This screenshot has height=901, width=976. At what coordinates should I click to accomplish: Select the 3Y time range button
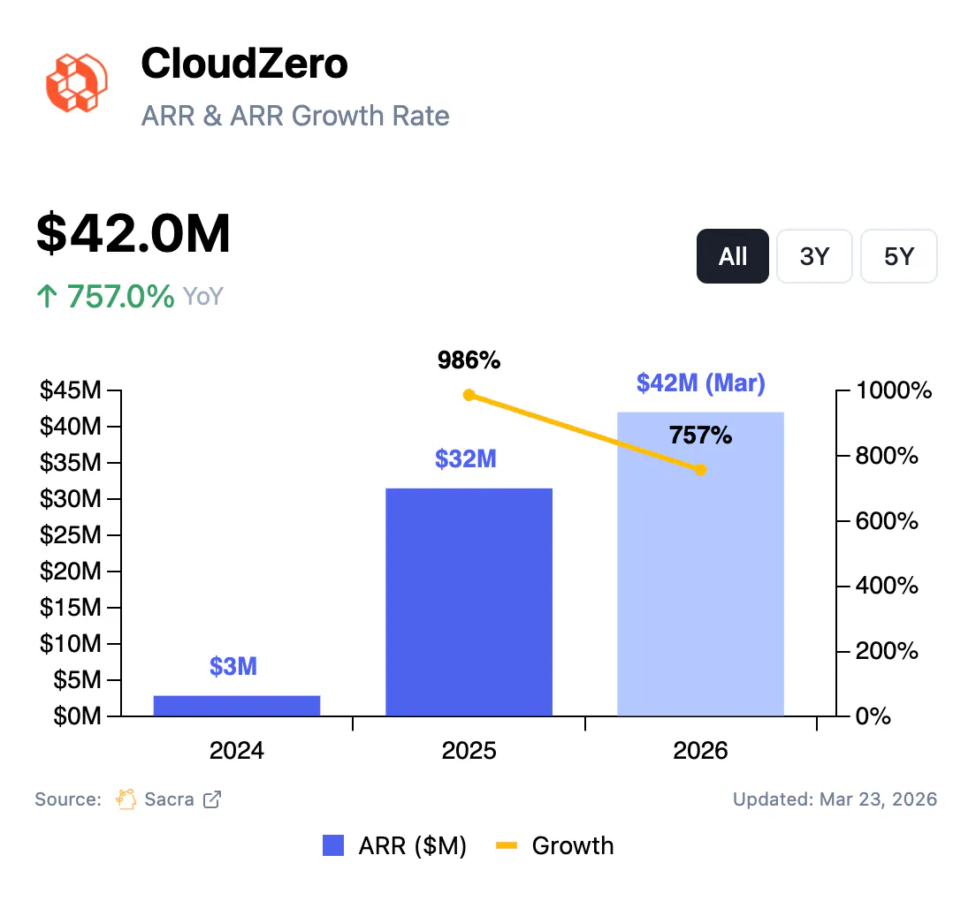pos(814,256)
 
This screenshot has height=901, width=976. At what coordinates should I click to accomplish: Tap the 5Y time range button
pos(898,256)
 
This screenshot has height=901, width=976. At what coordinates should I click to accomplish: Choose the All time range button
pos(732,256)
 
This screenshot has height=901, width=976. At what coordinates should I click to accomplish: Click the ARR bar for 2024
pos(237,705)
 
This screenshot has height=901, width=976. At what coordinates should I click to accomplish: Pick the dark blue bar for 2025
pos(469,601)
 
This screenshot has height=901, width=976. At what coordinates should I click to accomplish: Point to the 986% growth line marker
pos(469,395)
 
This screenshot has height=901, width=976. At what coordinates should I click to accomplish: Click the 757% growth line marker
pos(700,470)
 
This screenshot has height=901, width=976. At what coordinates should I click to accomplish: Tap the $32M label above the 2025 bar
pos(465,459)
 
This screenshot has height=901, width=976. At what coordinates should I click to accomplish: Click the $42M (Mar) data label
pos(700,383)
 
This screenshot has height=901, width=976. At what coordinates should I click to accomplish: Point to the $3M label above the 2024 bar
pos(233,666)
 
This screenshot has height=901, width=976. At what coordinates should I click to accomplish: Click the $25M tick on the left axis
pos(70,535)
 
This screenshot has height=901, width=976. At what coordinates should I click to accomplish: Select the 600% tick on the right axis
pos(888,521)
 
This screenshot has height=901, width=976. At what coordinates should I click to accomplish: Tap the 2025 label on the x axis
pos(469,751)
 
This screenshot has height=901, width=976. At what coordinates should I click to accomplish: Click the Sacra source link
pos(169,799)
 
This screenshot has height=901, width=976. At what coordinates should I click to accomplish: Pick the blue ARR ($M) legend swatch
pos(333,846)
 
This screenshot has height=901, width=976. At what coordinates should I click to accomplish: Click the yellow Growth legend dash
pos(506,846)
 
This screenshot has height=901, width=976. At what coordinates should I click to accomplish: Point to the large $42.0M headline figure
pos(133,234)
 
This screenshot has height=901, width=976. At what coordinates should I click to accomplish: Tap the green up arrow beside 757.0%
pos(46,297)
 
